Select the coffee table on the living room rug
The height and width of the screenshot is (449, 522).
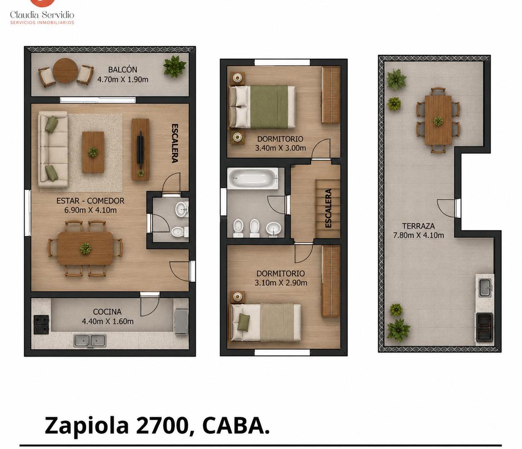click(x=93, y=152)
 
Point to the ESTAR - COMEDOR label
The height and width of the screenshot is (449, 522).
click(x=90, y=201)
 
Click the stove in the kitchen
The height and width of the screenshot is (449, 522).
click(x=41, y=325)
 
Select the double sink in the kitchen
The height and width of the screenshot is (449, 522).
click(x=90, y=340)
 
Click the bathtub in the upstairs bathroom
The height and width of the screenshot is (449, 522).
click(x=253, y=179)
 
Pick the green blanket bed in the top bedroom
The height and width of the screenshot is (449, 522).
click(x=262, y=107)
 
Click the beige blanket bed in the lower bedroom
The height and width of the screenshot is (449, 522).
click(x=265, y=322)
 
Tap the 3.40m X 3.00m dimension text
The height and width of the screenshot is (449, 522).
click(x=280, y=148)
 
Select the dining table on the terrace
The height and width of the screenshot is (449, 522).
click(x=438, y=120)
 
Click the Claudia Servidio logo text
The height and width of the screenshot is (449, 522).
click(x=42, y=15)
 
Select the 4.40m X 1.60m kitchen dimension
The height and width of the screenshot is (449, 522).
click(x=107, y=321)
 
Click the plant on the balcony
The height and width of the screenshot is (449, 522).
click(x=174, y=67)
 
